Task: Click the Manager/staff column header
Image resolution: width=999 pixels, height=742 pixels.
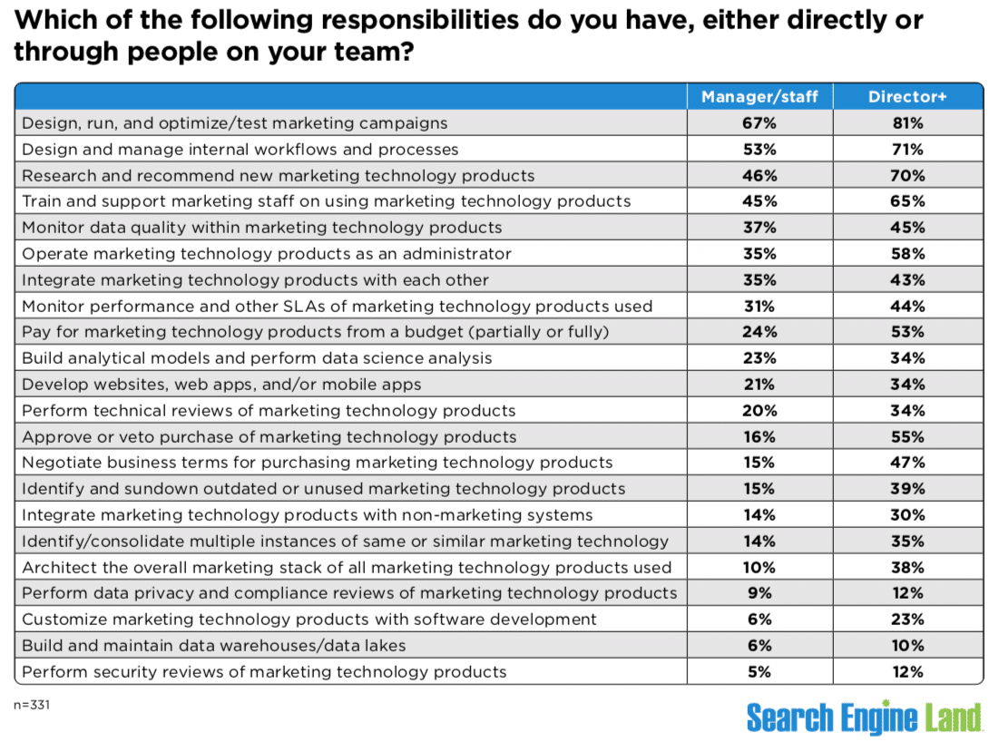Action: [759, 96]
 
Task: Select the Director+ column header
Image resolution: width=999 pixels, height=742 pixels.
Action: [907, 96]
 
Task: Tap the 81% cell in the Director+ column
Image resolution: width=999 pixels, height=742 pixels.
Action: [907, 122]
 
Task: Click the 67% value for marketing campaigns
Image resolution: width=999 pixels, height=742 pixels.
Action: [759, 122]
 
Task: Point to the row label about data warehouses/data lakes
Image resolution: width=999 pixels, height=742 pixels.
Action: [213, 646]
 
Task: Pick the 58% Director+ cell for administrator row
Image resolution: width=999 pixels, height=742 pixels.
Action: [907, 253]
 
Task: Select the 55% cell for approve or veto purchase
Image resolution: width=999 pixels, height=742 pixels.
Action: [907, 436]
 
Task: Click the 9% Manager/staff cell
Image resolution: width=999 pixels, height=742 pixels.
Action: [759, 593]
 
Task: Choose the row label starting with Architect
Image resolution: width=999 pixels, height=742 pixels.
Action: [347, 567]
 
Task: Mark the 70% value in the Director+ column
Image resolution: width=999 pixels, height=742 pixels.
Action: [907, 175]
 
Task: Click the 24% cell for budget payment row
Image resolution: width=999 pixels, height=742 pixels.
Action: [759, 332]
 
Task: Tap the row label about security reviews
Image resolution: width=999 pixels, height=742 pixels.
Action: [264, 672]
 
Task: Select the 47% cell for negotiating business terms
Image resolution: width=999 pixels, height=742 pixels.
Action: [907, 463]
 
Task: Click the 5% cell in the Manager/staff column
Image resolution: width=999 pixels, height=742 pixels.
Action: [759, 672]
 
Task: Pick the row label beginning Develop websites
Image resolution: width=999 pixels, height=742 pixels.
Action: [221, 384]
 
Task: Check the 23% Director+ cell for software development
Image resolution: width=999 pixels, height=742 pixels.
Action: [907, 620]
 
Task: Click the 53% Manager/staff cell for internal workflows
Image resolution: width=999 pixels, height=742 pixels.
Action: [759, 149]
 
